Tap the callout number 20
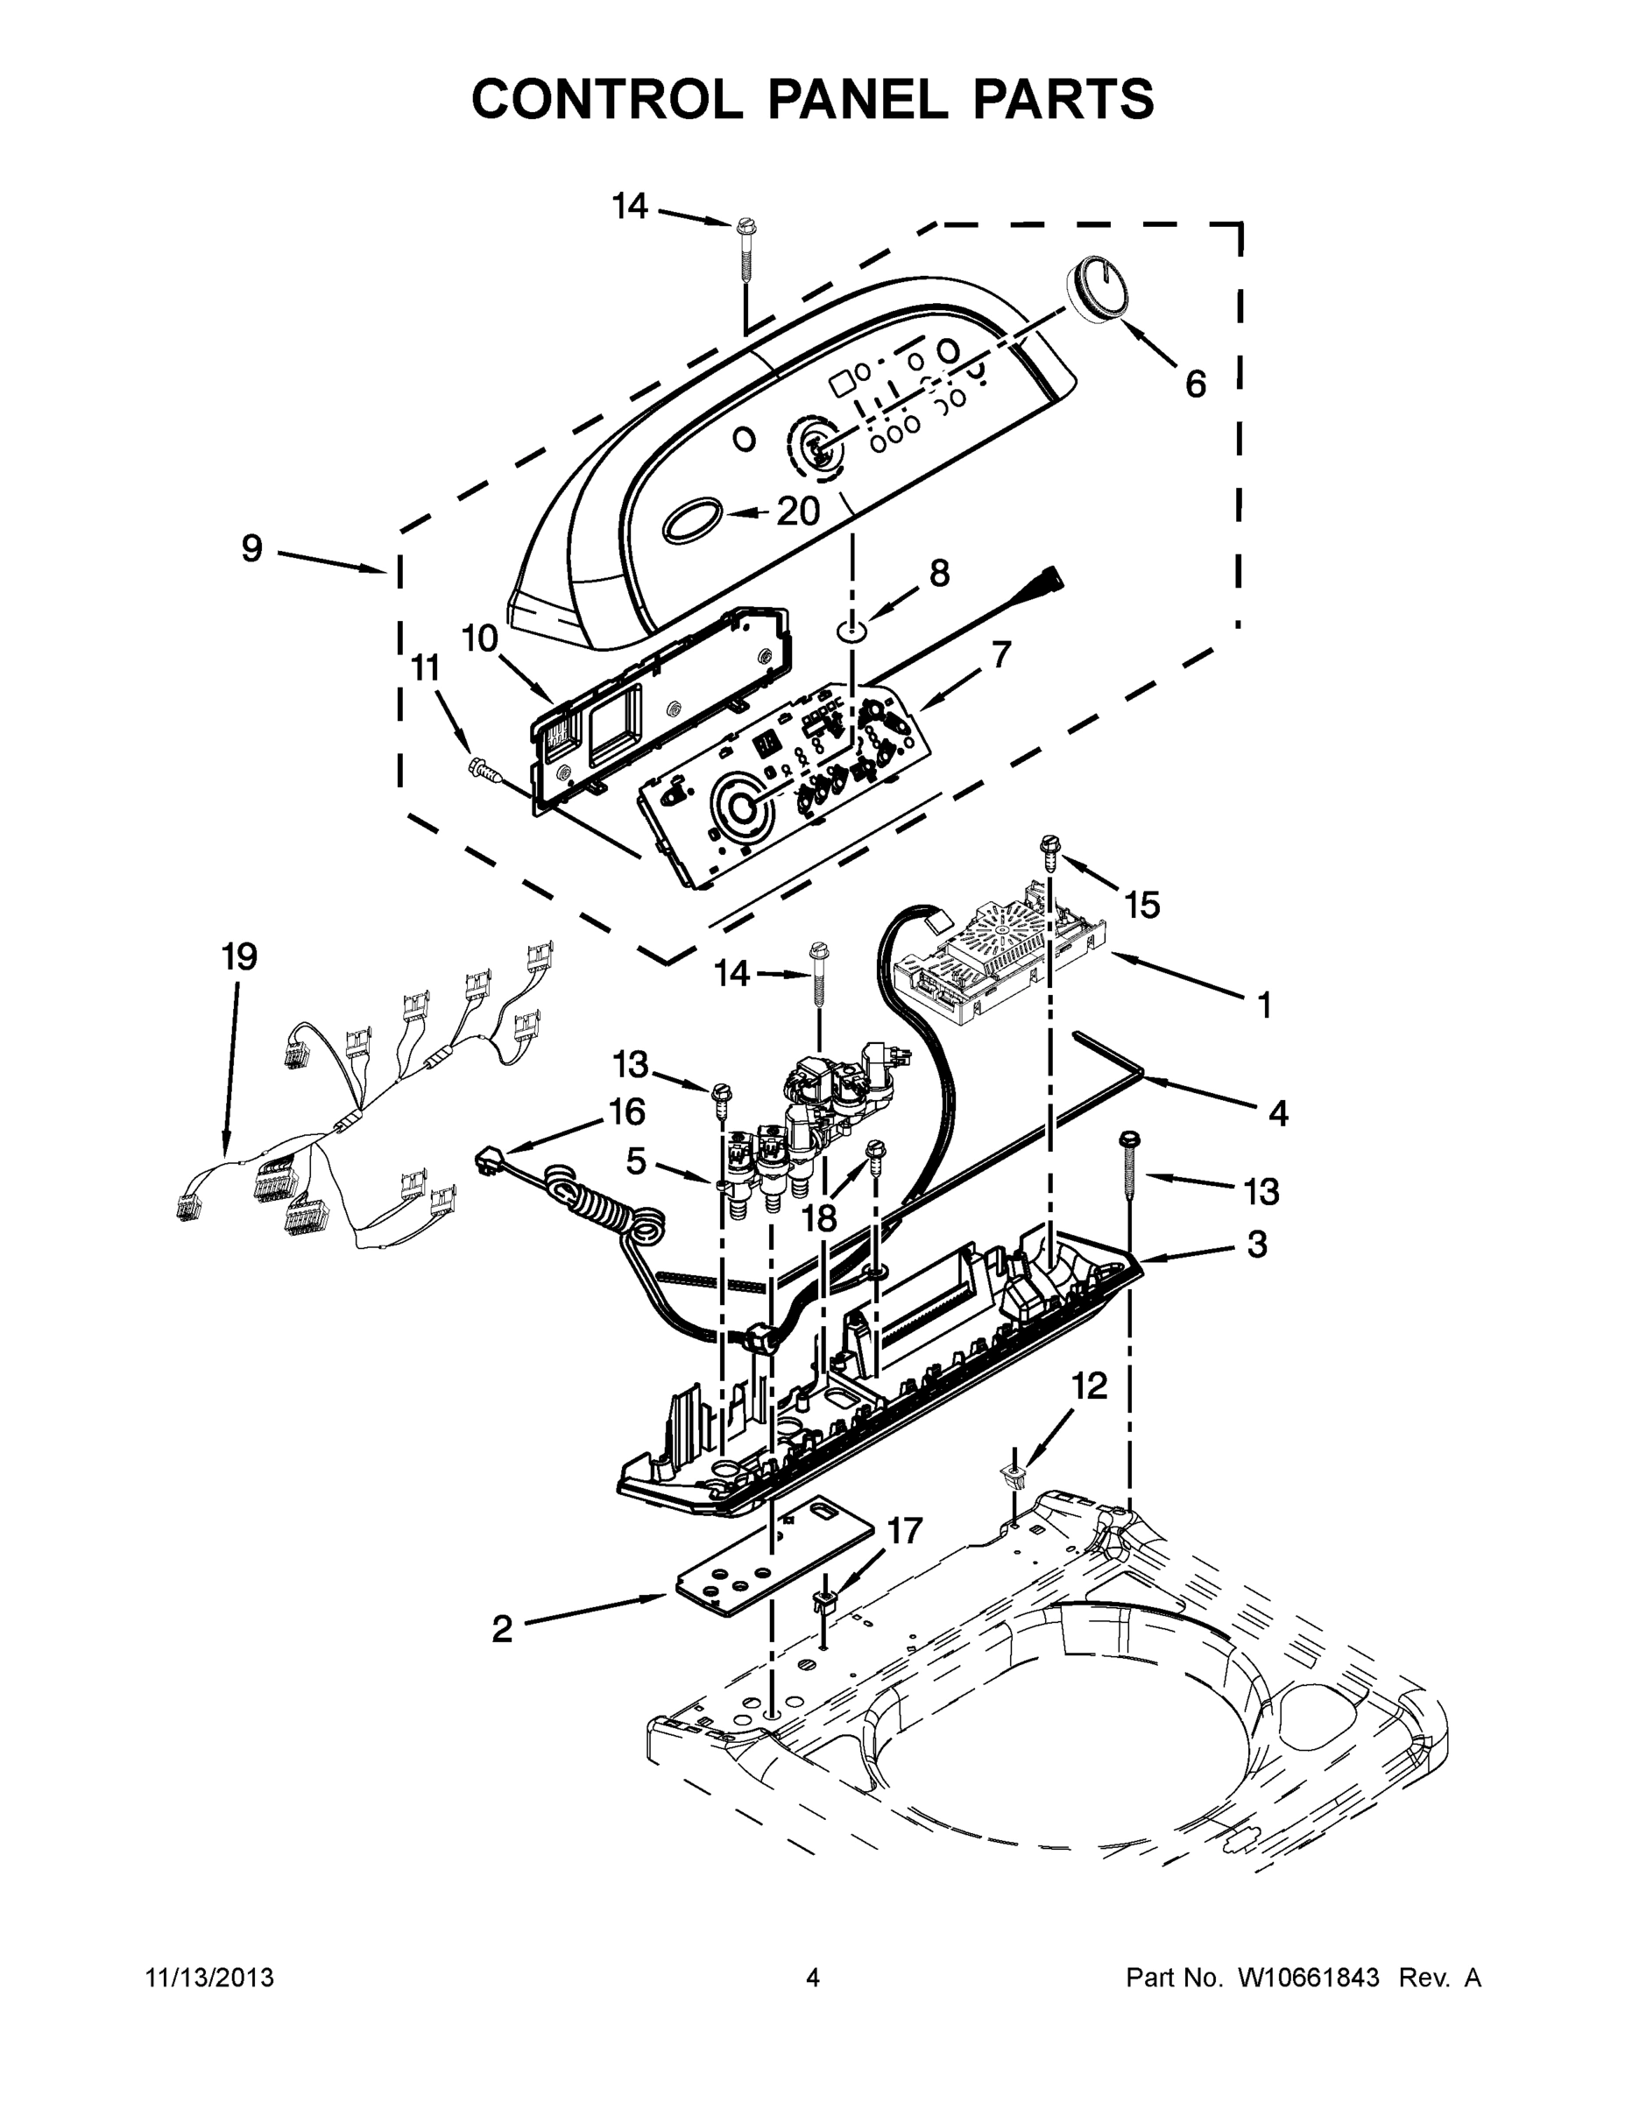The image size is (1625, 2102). coord(797,511)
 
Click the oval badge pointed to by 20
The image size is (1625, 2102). coord(691,518)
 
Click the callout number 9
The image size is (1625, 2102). coord(251,548)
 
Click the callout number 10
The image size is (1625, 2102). coord(478,638)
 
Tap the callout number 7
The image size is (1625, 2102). coord(1001,654)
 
